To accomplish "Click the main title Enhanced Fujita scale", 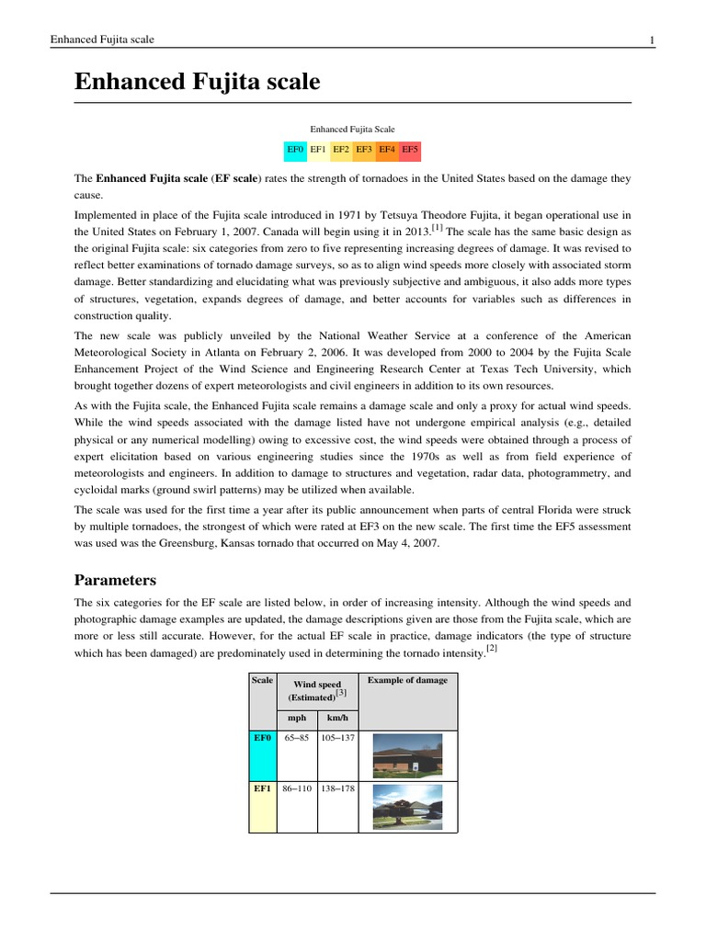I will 197,82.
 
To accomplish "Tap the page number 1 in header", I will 651,40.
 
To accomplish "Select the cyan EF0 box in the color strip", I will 295,148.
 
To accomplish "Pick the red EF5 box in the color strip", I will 410,148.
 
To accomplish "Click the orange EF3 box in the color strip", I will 364,148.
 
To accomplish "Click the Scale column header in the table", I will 262,680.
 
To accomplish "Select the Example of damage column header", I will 407,680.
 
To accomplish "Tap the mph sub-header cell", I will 297,718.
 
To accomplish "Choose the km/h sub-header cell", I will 337,718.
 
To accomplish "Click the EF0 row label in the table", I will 262,738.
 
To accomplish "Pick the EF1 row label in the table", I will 262,788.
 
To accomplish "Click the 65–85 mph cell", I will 297,738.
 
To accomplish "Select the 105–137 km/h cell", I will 337,738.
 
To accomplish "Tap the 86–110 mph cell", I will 297,788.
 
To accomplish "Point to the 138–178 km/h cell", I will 337,788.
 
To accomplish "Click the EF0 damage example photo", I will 406,755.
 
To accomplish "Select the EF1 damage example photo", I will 406,807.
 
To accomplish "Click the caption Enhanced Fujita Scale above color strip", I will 352,130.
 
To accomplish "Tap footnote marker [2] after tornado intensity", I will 492,650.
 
